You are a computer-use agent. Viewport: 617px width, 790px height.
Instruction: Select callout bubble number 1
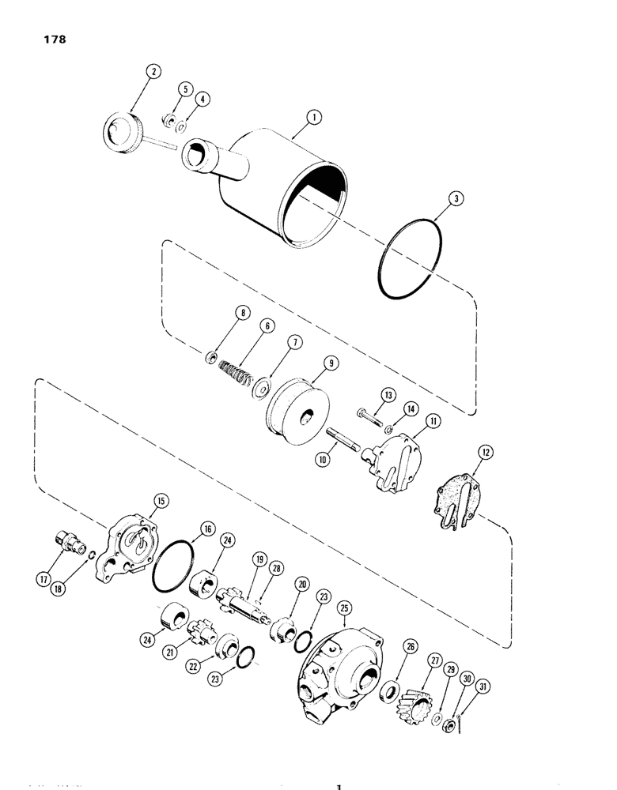pos(314,118)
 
